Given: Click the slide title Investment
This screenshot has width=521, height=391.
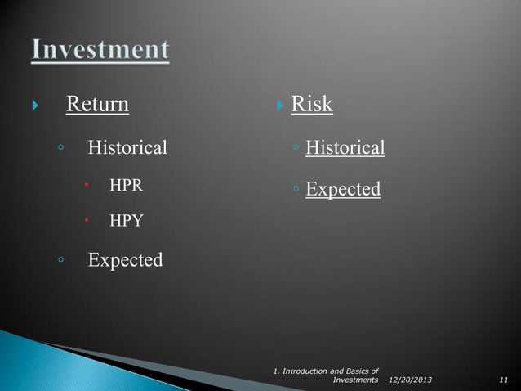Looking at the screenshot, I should coord(100,50).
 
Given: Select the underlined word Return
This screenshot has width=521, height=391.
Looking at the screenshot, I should coord(96,105).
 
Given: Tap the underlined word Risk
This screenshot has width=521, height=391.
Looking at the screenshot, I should coord(312,105).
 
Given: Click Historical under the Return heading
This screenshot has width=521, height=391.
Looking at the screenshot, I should coord(127,148).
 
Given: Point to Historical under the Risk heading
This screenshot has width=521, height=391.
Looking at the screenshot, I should coord(345,148).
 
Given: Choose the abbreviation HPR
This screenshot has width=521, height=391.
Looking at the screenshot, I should coord(127,185).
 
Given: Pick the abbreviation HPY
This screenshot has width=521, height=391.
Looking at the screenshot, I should coord(127,221).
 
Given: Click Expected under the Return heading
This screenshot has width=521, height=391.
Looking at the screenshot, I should coord(125,261).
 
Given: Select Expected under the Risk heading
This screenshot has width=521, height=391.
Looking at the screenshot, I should coord(343,190).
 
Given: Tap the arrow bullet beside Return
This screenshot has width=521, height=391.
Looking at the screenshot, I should coord(33,106).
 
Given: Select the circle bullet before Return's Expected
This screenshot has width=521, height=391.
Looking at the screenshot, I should coord(60,261).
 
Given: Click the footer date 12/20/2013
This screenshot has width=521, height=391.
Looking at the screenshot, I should coord(412,380).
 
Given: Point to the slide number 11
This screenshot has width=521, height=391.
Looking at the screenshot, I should coord(503,380).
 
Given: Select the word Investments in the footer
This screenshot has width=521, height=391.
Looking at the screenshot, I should coord(356,380).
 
